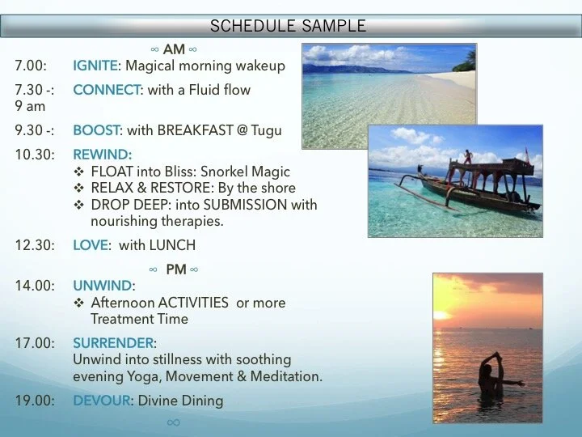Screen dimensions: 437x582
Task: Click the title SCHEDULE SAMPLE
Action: (288, 26)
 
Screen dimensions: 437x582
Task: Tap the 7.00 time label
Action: (31, 66)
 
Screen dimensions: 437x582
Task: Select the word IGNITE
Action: (95, 66)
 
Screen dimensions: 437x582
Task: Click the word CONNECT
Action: (105, 90)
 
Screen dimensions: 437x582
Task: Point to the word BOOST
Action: (95, 129)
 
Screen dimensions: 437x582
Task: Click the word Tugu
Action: (267, 129)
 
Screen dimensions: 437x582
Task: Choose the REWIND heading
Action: (102, 154)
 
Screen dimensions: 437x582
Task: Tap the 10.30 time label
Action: (34, 154)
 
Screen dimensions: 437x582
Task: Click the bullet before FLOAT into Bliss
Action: (79, 172)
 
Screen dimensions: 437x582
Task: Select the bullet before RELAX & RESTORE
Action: (79, 189)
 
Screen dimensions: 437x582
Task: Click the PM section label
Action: (175, 269)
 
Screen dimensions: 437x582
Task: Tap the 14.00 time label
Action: (34, 286)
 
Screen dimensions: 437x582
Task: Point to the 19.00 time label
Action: (34, 401)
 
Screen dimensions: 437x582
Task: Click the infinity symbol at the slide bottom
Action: (173, 422)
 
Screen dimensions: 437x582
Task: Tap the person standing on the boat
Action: (466, 157)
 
